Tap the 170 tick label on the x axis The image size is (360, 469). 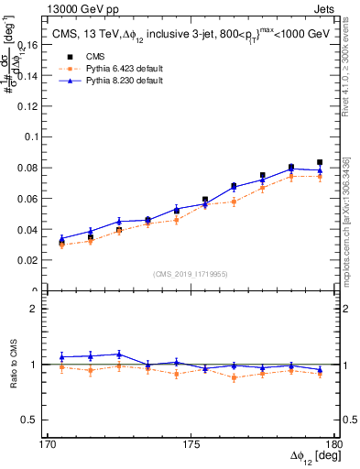(x=47, y=444)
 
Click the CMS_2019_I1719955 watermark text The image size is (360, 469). (x=191, y=274)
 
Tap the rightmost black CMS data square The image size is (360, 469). (x=320, y=162)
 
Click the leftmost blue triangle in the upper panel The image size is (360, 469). (x=61, y=238)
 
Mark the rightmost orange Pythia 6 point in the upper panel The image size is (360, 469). (x=320, y=177)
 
